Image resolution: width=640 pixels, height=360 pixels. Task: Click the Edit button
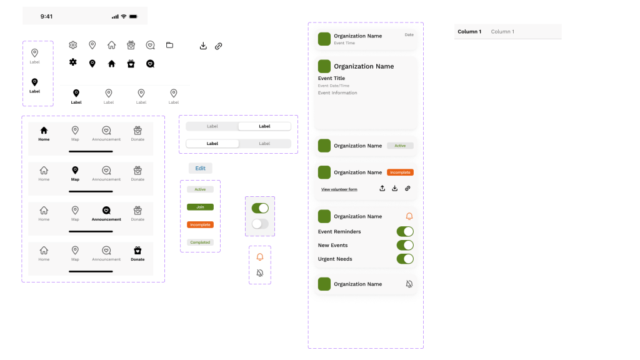[200, 168]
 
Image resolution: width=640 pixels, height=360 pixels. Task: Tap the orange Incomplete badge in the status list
[200, 224]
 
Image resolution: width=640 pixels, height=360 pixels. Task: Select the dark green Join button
[200, 207]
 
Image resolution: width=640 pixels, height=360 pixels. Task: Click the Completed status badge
[200, 242]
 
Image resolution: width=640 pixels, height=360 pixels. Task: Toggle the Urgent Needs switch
[405, 259]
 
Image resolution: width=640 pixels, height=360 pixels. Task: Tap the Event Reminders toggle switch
[405, 231]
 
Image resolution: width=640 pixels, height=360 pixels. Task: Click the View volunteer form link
[339, 189]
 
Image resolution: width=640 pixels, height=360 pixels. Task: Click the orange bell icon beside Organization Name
[409, 216]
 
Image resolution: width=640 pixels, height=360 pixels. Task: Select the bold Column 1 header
[469, 31]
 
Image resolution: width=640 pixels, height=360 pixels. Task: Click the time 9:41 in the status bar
[46, 16]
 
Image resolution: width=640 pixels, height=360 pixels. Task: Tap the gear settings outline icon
[73, 45]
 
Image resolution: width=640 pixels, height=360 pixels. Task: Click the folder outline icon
[169, 45]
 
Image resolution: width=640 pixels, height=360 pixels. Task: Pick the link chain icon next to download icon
[219, 46]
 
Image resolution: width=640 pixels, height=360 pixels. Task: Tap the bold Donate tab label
[137, 259]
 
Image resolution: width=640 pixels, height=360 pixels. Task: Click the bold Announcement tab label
[106, 219]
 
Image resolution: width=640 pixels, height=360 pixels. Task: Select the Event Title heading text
[331, 78]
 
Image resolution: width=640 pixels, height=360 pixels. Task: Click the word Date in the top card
[409, 35]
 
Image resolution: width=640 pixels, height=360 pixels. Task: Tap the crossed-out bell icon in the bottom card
[409, 284]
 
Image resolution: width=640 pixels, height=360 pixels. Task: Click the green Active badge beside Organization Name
[400, 146]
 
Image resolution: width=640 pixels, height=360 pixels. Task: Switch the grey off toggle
[260, 223]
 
